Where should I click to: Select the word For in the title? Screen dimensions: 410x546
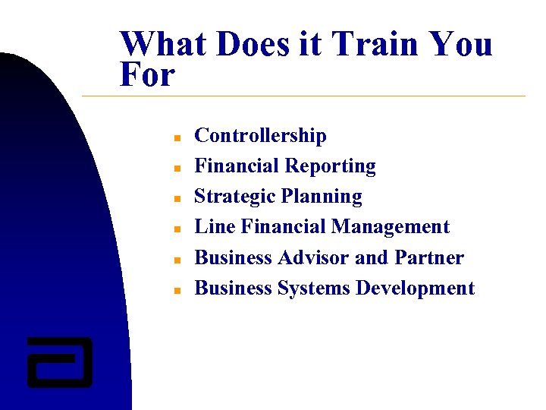click(147, 75)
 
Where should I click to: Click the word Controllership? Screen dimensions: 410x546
click(260, 136)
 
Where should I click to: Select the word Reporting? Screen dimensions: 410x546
click(330, 166)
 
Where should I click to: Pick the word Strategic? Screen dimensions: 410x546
click(234, 197)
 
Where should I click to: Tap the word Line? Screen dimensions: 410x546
click(215, 227)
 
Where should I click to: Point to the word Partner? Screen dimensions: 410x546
click(428, 258)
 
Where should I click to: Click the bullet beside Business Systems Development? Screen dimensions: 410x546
click(174, 290)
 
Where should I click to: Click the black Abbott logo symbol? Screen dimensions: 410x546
click(59, 362)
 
